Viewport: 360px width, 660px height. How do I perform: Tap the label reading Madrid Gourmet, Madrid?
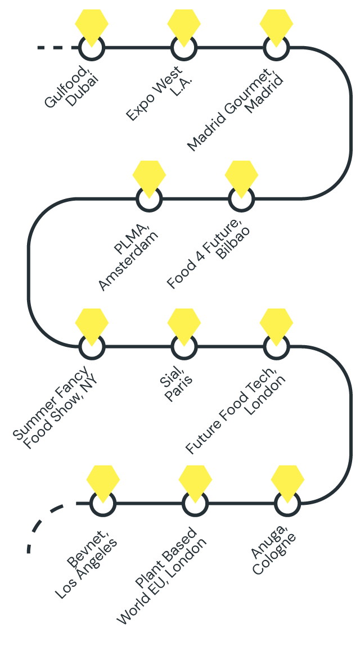point(236,110)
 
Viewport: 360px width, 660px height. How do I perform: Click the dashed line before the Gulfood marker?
point(56,48)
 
